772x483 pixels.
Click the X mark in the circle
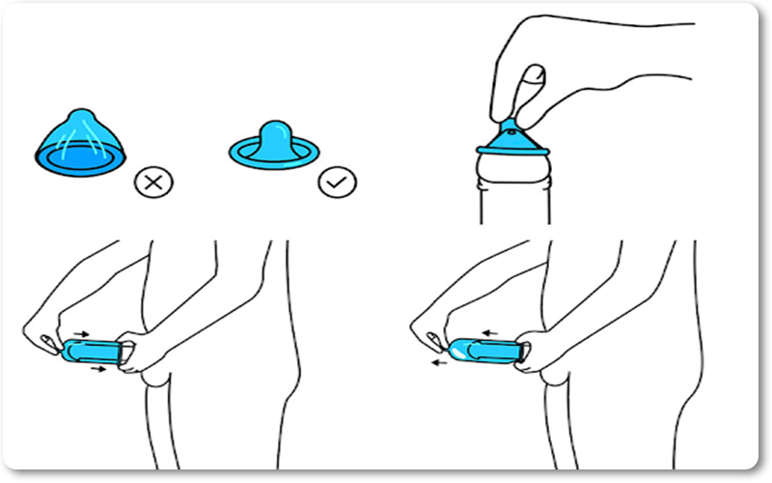(x=152, y=181)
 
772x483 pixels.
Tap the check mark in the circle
(x=338, y=181)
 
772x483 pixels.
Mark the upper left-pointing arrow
(x=491, y=331)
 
